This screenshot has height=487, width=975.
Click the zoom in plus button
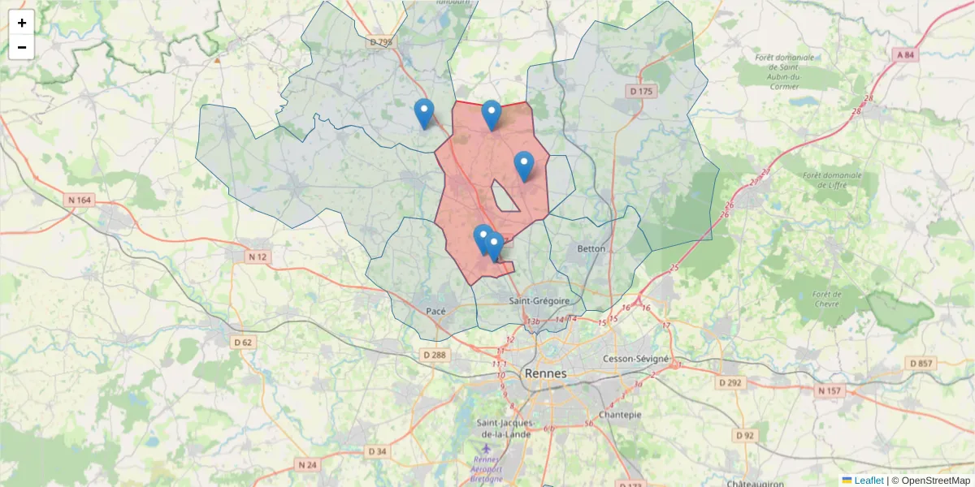(22, 23)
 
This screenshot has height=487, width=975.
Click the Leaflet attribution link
(869, 481)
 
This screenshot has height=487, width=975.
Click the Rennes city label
(546, 373)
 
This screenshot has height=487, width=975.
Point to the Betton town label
(591, 248)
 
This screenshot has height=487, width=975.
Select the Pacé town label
(436, 311)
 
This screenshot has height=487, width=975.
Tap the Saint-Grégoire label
(539, 301)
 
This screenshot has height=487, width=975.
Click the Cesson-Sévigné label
(636, 358)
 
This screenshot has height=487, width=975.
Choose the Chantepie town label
(620, 414)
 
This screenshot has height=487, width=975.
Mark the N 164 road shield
(78, 199)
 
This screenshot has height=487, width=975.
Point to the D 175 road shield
(641, 92)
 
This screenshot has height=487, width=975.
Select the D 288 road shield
(435, 355)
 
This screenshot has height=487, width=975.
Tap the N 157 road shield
(830, 391)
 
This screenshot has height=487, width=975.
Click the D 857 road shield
(922, 364)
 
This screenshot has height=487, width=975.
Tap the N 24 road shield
(307, 465)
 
